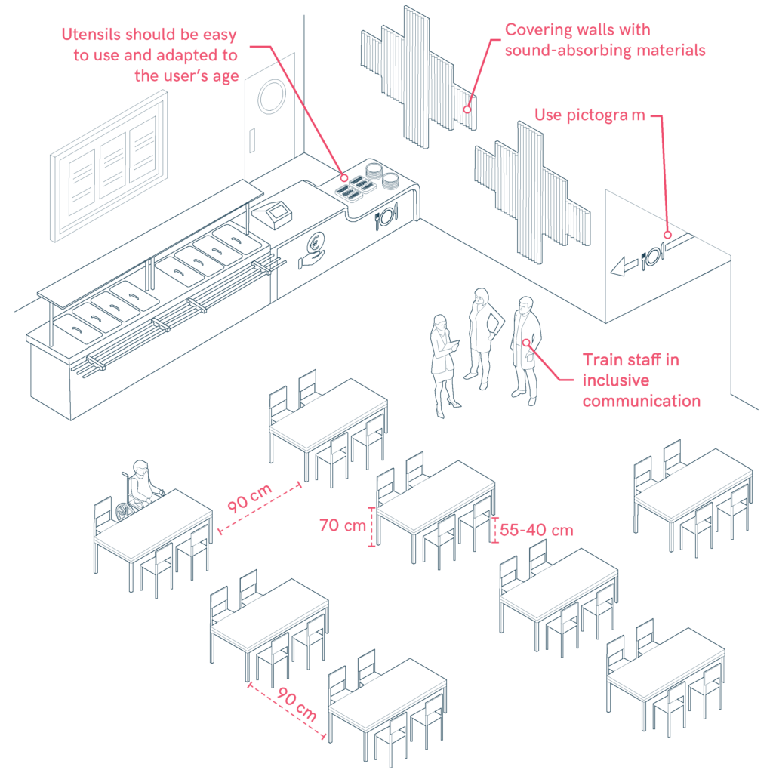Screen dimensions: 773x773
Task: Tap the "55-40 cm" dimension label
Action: click(536, 530)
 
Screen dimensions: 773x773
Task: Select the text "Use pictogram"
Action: click(590, 115)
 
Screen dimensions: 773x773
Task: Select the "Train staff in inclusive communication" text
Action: click(640, 380)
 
